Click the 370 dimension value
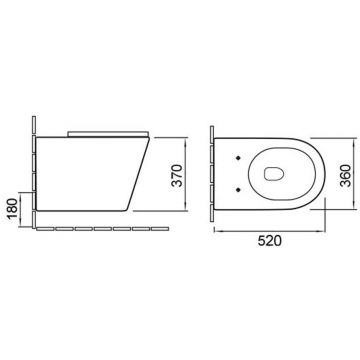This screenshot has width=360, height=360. [178, 176]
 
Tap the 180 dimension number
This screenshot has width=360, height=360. [12, 208]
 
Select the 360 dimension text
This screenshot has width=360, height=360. [345, 176]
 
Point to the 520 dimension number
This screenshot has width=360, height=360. [269, 241]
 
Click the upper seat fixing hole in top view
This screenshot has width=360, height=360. [238, 158]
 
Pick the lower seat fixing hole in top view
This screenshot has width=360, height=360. [238, 190]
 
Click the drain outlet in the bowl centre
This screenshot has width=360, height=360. [274, 173]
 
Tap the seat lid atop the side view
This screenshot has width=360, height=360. [108, 134]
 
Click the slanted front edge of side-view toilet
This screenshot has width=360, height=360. [138, 174]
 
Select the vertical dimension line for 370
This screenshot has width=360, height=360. [185, 174]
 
